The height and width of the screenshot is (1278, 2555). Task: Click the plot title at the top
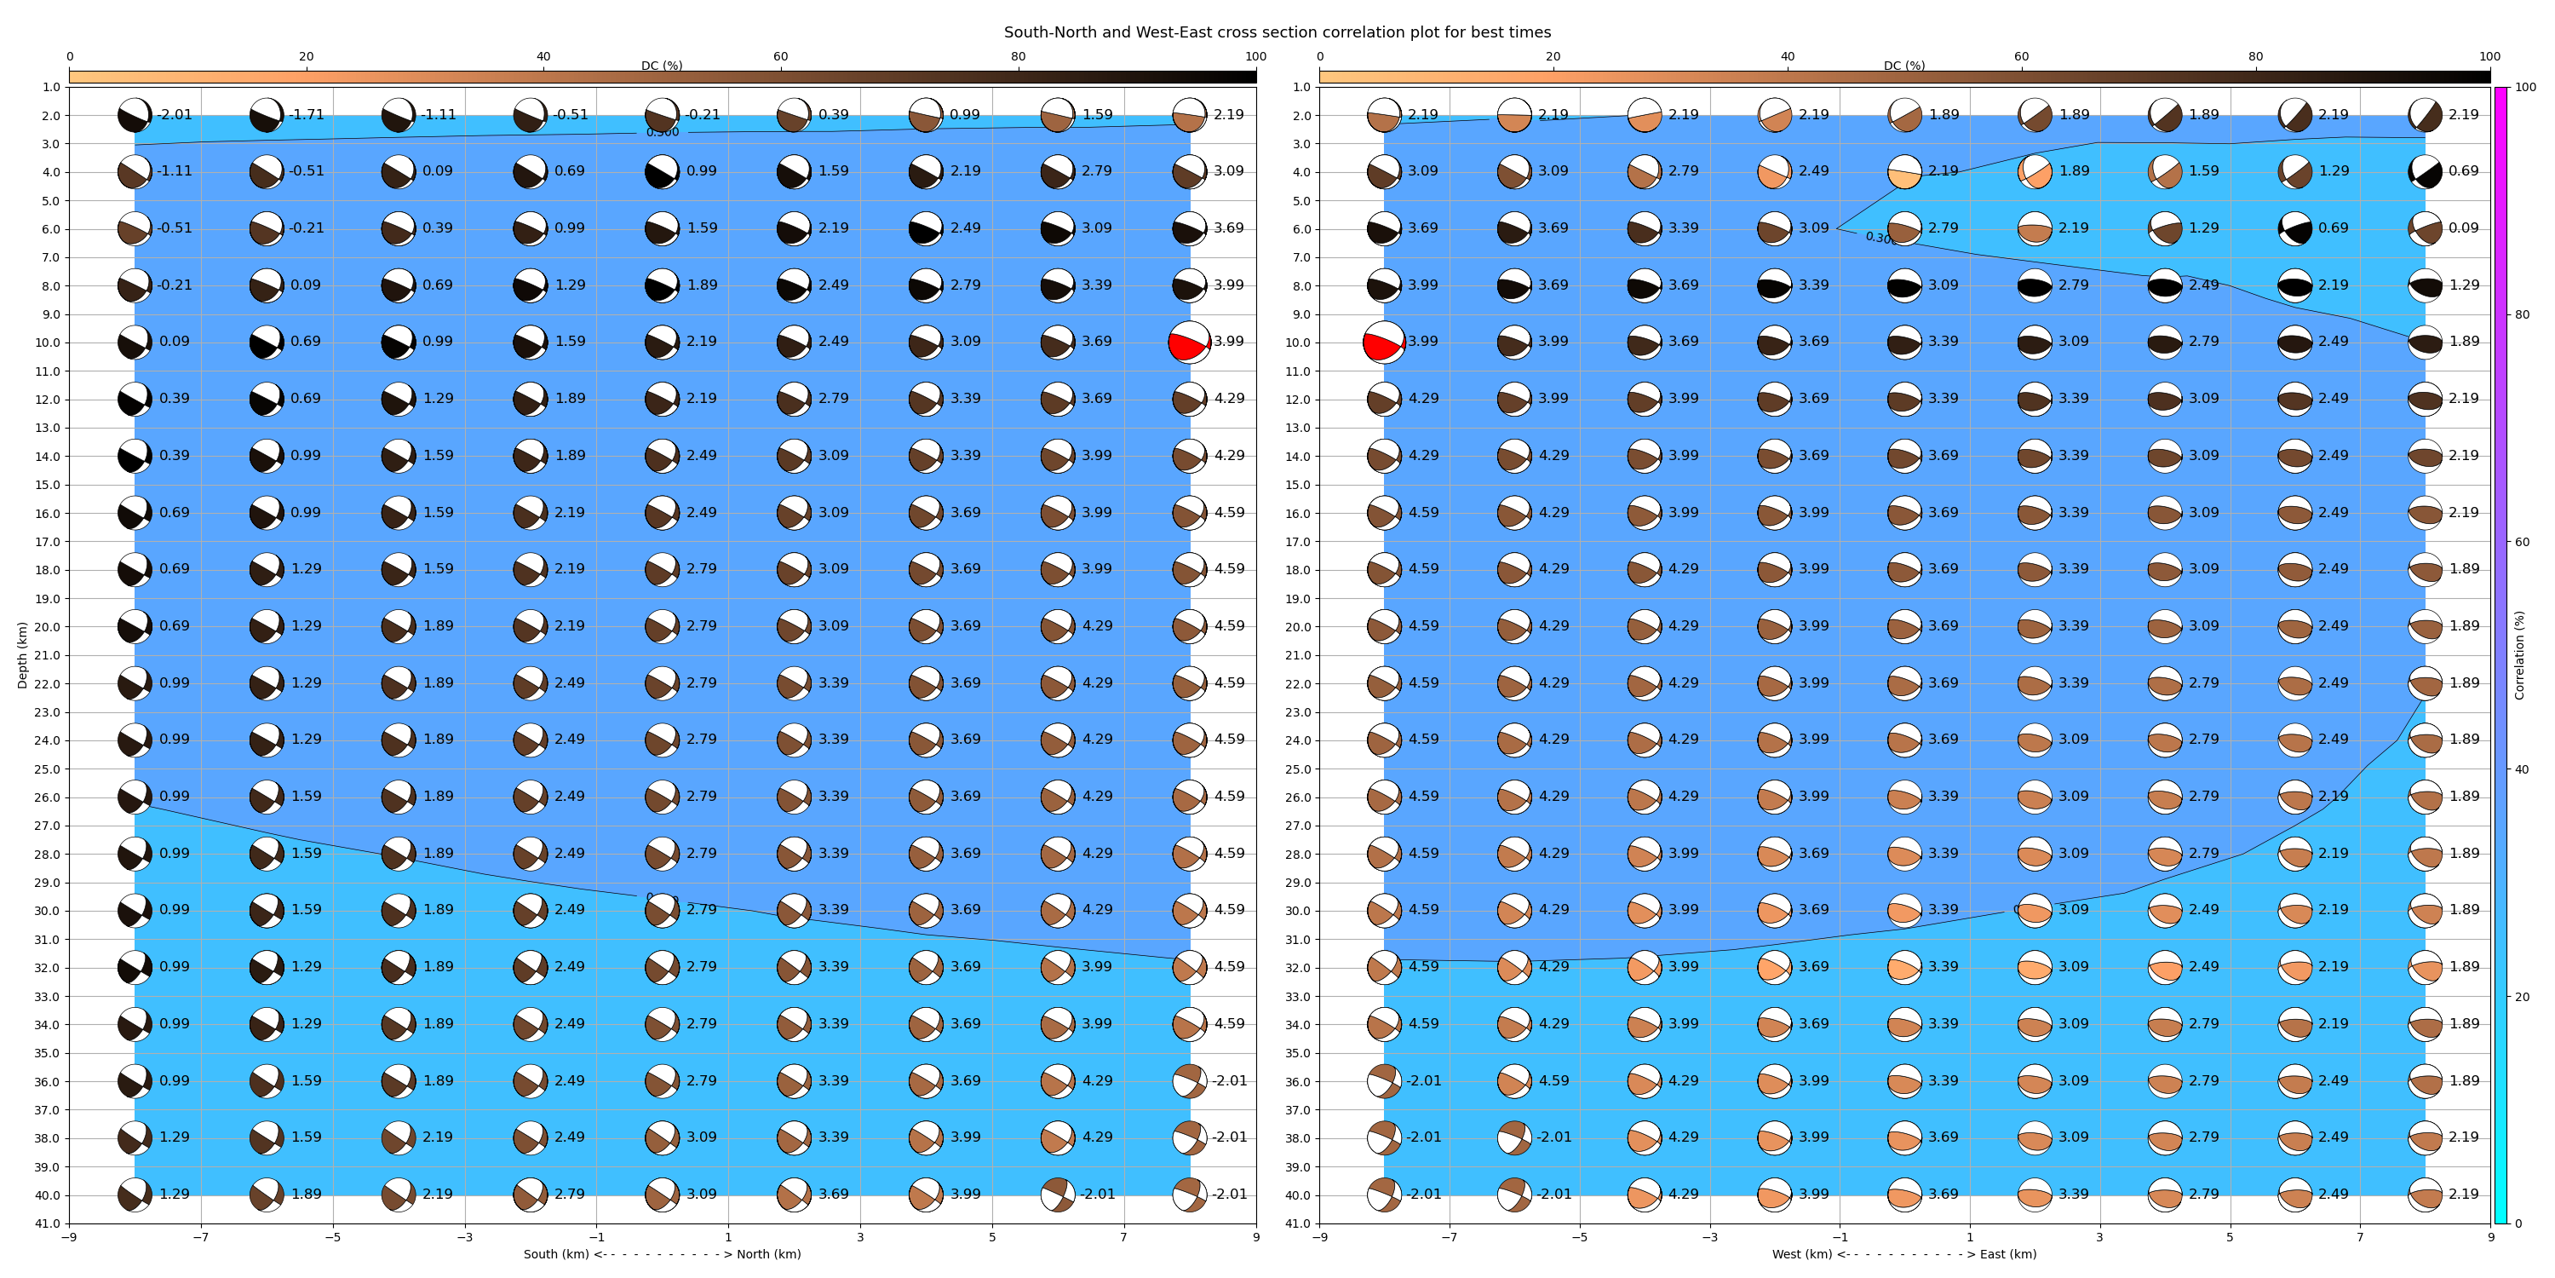click(1277, 32)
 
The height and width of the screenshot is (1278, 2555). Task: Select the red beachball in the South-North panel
click(1188, 343)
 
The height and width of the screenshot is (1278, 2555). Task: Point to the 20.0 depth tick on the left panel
click(48, 627)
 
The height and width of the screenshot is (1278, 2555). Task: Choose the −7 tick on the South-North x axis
click(200, 1237)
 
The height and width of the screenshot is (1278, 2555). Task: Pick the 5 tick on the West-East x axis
click(2230, 1237)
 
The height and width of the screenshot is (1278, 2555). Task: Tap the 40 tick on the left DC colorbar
click(543, 56)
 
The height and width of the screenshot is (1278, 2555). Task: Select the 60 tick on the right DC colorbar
click(2021, 56)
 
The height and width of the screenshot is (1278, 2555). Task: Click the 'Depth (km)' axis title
click(22, 655)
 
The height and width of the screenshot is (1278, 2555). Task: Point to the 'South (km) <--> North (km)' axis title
click(662, 1254)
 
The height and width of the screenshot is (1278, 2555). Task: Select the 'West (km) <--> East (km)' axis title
click(1904, 1254)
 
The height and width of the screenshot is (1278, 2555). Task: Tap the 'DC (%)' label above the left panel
click(662, 66)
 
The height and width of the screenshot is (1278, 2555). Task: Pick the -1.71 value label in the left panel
click(307, 115)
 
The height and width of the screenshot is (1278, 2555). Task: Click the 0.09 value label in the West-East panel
click(2464, 228)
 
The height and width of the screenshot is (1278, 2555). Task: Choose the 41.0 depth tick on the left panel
click(48, 1223)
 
